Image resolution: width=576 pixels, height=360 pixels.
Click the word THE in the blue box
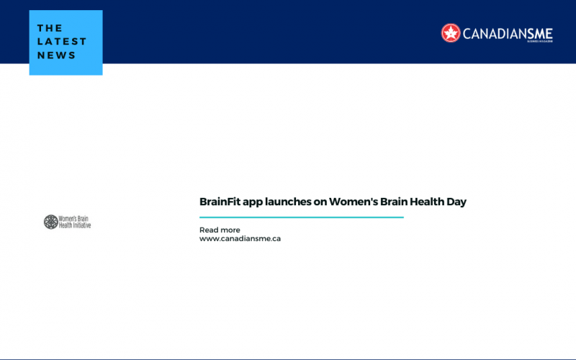(x=50, y=28)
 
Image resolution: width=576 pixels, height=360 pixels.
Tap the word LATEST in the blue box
(x=62, y=42)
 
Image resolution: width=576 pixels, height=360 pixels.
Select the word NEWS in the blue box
(x=57, y=55)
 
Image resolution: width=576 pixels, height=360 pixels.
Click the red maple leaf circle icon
(x=451, y=33)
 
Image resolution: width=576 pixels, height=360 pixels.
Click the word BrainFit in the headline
(x=220, y=202)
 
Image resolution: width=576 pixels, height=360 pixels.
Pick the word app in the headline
(x=253, y=202)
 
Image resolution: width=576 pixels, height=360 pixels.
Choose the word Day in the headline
(x=456, y=202)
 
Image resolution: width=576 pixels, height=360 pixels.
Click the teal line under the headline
(x=301, y=217)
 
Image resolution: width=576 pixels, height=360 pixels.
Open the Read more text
(x=220, y=230)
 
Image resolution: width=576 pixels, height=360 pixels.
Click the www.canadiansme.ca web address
(x=240, y=238)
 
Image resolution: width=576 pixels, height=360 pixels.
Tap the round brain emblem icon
(x=50, y=222)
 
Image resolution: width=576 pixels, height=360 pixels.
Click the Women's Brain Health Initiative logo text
(x=75, y=222)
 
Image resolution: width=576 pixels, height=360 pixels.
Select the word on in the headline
(x=319, y=202)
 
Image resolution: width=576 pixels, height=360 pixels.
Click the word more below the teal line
(x=230, y=230)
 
